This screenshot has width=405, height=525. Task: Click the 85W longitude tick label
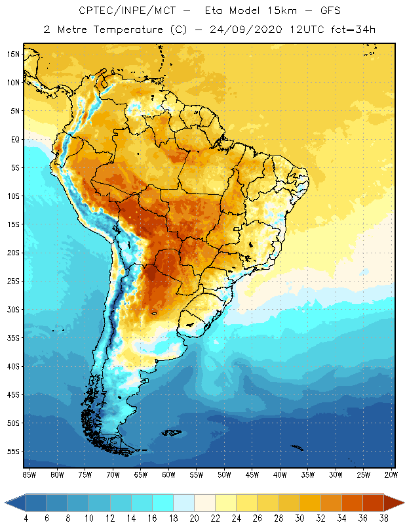click(29, 474)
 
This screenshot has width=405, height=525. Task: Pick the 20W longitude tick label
click(391, 474)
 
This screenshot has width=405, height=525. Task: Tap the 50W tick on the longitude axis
click(224, 474)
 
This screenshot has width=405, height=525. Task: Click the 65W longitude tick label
click(140, 474)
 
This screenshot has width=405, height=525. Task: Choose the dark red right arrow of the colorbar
click(395, 503)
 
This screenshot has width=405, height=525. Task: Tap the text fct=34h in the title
click(353, 30)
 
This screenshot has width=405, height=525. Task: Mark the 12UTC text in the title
click(306, 30)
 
